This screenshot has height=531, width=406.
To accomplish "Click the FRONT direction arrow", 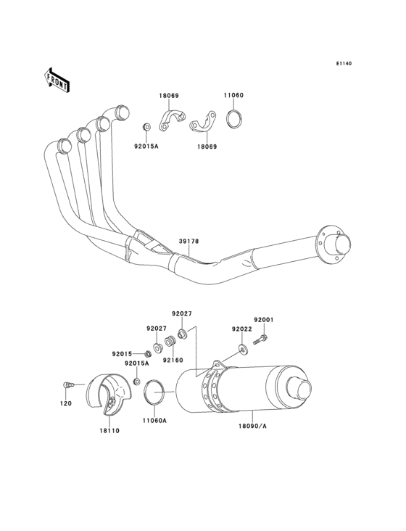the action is [x=57, y=80].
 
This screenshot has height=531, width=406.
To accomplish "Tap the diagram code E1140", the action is [x=344, y=63].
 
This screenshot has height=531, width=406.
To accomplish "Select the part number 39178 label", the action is [x=188, y=242].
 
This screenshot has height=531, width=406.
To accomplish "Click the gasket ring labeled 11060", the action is [x=234, y=119].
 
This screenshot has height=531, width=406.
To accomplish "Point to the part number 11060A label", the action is [x=154, y=421].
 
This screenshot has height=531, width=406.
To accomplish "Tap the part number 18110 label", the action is [x=109, y=431].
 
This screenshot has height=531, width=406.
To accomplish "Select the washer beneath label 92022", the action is [x=243, y=348].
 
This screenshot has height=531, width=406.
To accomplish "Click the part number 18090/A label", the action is [x=252, y=426].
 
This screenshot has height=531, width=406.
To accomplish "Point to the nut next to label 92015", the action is [x=147, y=354].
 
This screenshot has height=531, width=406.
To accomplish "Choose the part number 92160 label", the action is [x=173, y=360].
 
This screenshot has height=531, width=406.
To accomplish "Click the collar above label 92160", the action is [x=170, y=341].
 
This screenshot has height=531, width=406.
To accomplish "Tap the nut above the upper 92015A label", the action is [x=146, y=128].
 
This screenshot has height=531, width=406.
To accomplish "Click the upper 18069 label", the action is [x=169, y=96].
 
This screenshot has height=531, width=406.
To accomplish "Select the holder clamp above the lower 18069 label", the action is [x=202, y=123].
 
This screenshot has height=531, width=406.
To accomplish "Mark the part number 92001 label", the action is [x=264, y=320].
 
